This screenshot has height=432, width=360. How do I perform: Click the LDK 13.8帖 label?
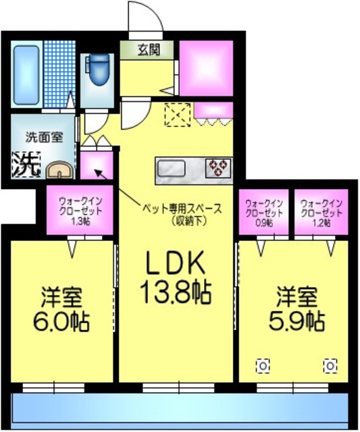pos(176,277)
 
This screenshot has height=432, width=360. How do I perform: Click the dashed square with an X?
pos(178,113)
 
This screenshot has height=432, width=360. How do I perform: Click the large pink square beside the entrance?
pos(206,69)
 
